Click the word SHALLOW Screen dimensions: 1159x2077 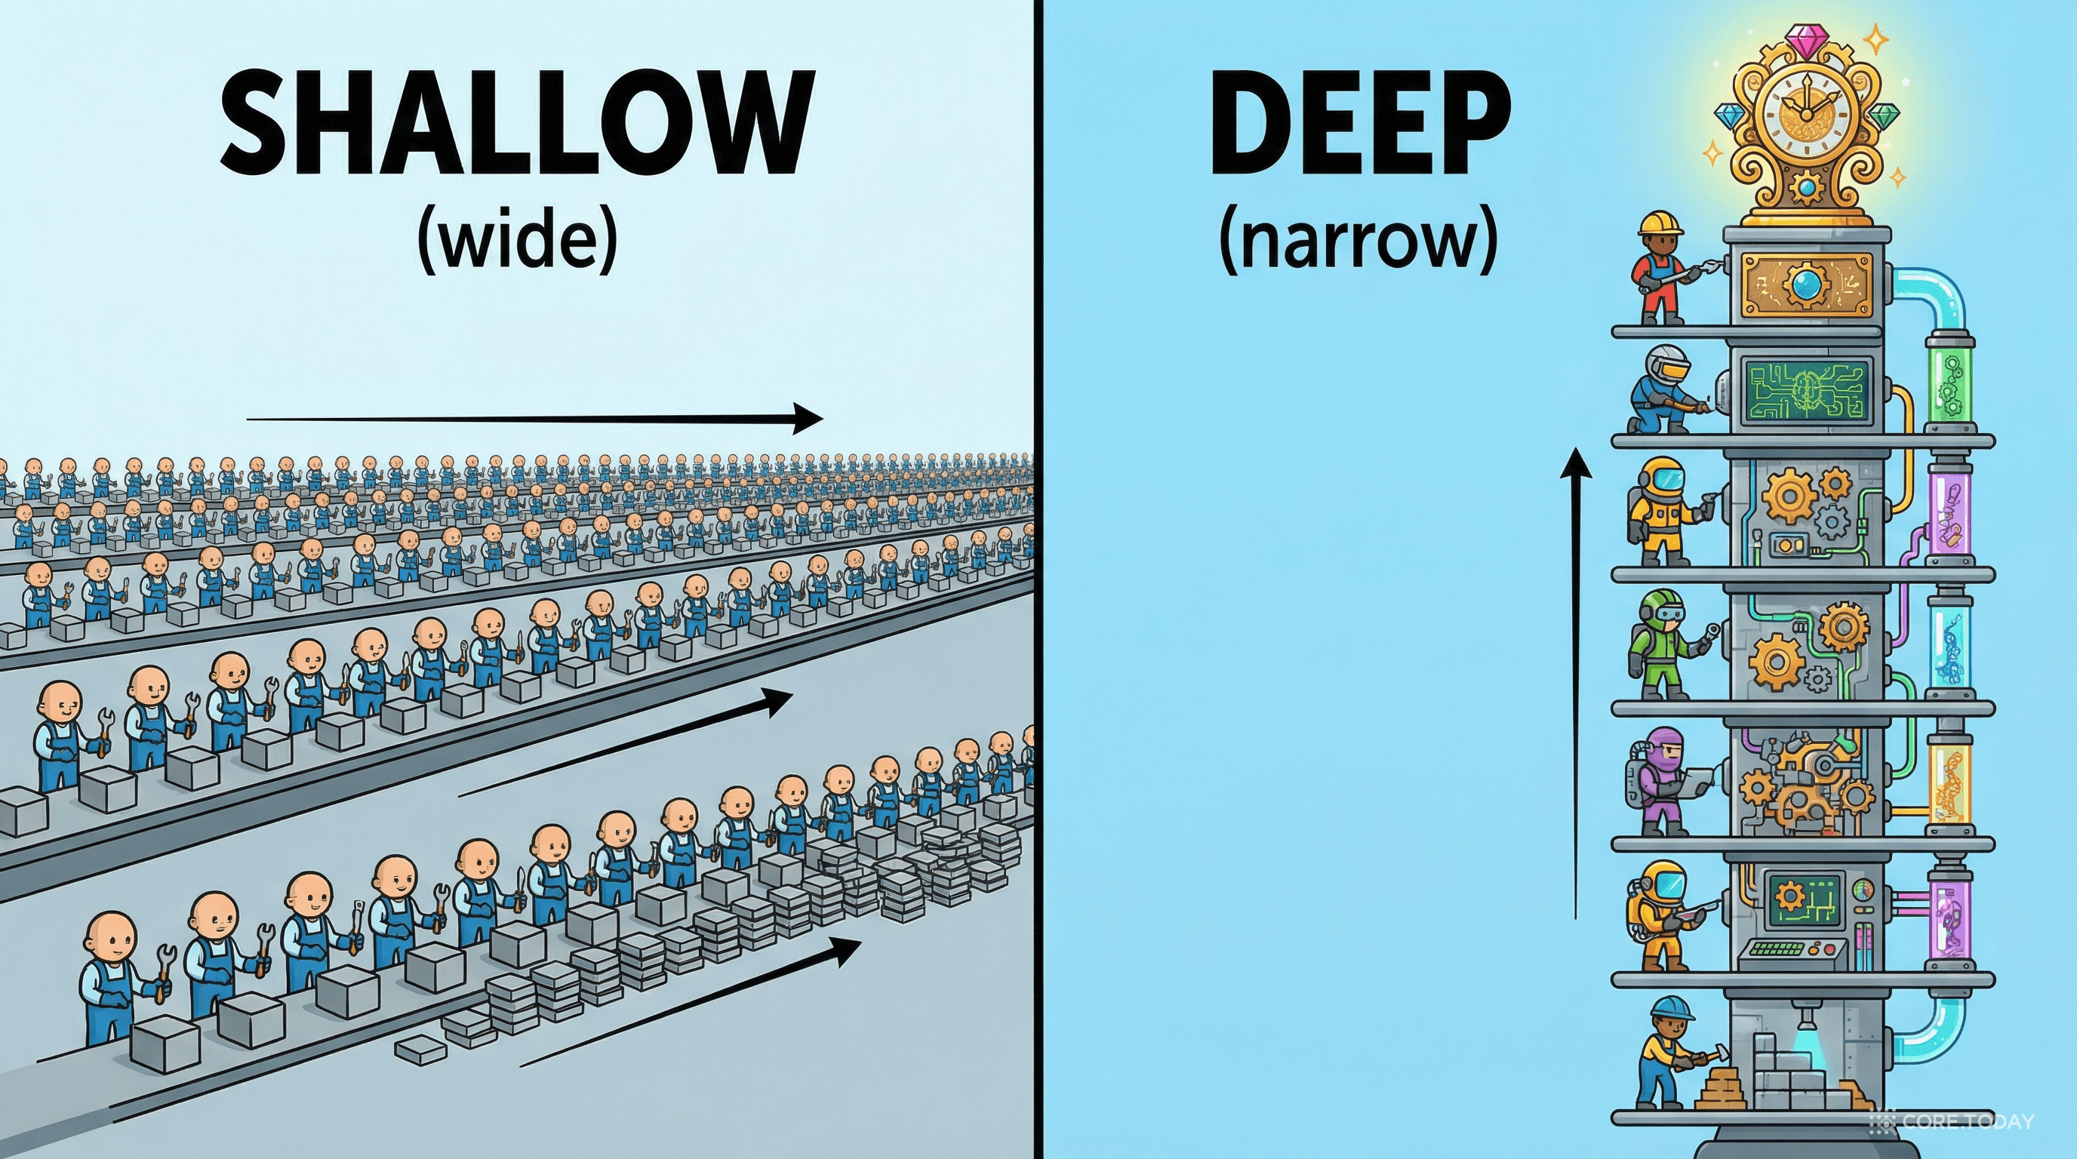pos(516,122)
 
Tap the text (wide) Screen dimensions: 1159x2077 pos(517,241)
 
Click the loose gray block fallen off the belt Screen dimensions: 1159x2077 pos(420,1049)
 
